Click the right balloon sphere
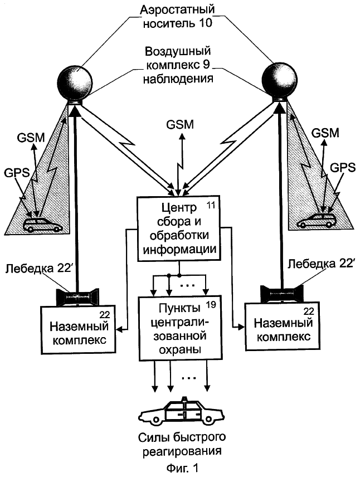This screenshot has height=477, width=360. coord(279,80)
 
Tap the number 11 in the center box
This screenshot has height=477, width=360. coord(211,205)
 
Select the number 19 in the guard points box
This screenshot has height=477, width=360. coord(211,304)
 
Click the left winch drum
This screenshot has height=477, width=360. coord(77,297)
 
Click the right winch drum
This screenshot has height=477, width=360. coord(283,294)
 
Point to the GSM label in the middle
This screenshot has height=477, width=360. coord(180,124)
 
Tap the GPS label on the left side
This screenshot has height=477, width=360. coord(17,173)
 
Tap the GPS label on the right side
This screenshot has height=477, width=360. coord(343,168)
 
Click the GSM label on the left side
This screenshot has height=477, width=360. coord(31,138)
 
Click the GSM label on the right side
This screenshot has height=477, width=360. coord(325,133)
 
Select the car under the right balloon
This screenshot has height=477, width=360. coord(316,220)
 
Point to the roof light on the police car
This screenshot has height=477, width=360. coord(183,399)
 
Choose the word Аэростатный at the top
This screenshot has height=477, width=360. coord(177,9)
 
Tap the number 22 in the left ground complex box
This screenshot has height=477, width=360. coord(104,314)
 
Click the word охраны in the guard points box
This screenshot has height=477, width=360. coord(180,349)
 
